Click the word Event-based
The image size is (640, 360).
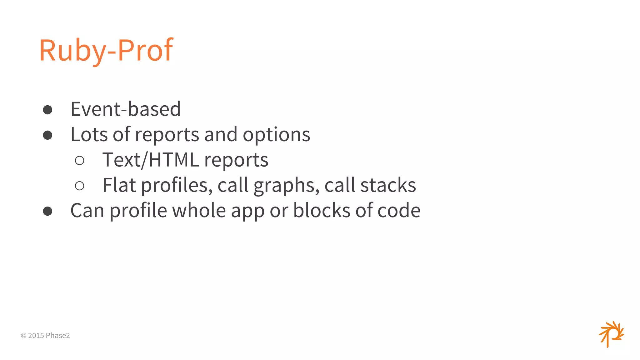pyautogui.click(x=126, y=109)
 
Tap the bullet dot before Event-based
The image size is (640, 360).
pyautogui.click(x=47, y=110)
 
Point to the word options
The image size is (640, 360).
pyautogui.click(x=276, y=135)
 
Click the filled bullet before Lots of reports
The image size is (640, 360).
pyautogui.click(x=47, y=135)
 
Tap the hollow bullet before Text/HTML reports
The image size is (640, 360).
pyautogui.click(x=80, y=161)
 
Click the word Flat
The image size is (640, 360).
pyautogui.click(x=119, y=185)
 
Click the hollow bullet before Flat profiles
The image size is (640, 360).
pyautogui.click(x=80, y=186)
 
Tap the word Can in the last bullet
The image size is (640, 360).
pyautogui.click(x=87, y=211)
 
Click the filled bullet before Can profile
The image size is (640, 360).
pyautogui.click(x=47, y=211)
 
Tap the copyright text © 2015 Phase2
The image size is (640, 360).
pyautogui.click(x=45, y=336)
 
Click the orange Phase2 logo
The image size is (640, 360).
pyautogui.click(x=611, y=334)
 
